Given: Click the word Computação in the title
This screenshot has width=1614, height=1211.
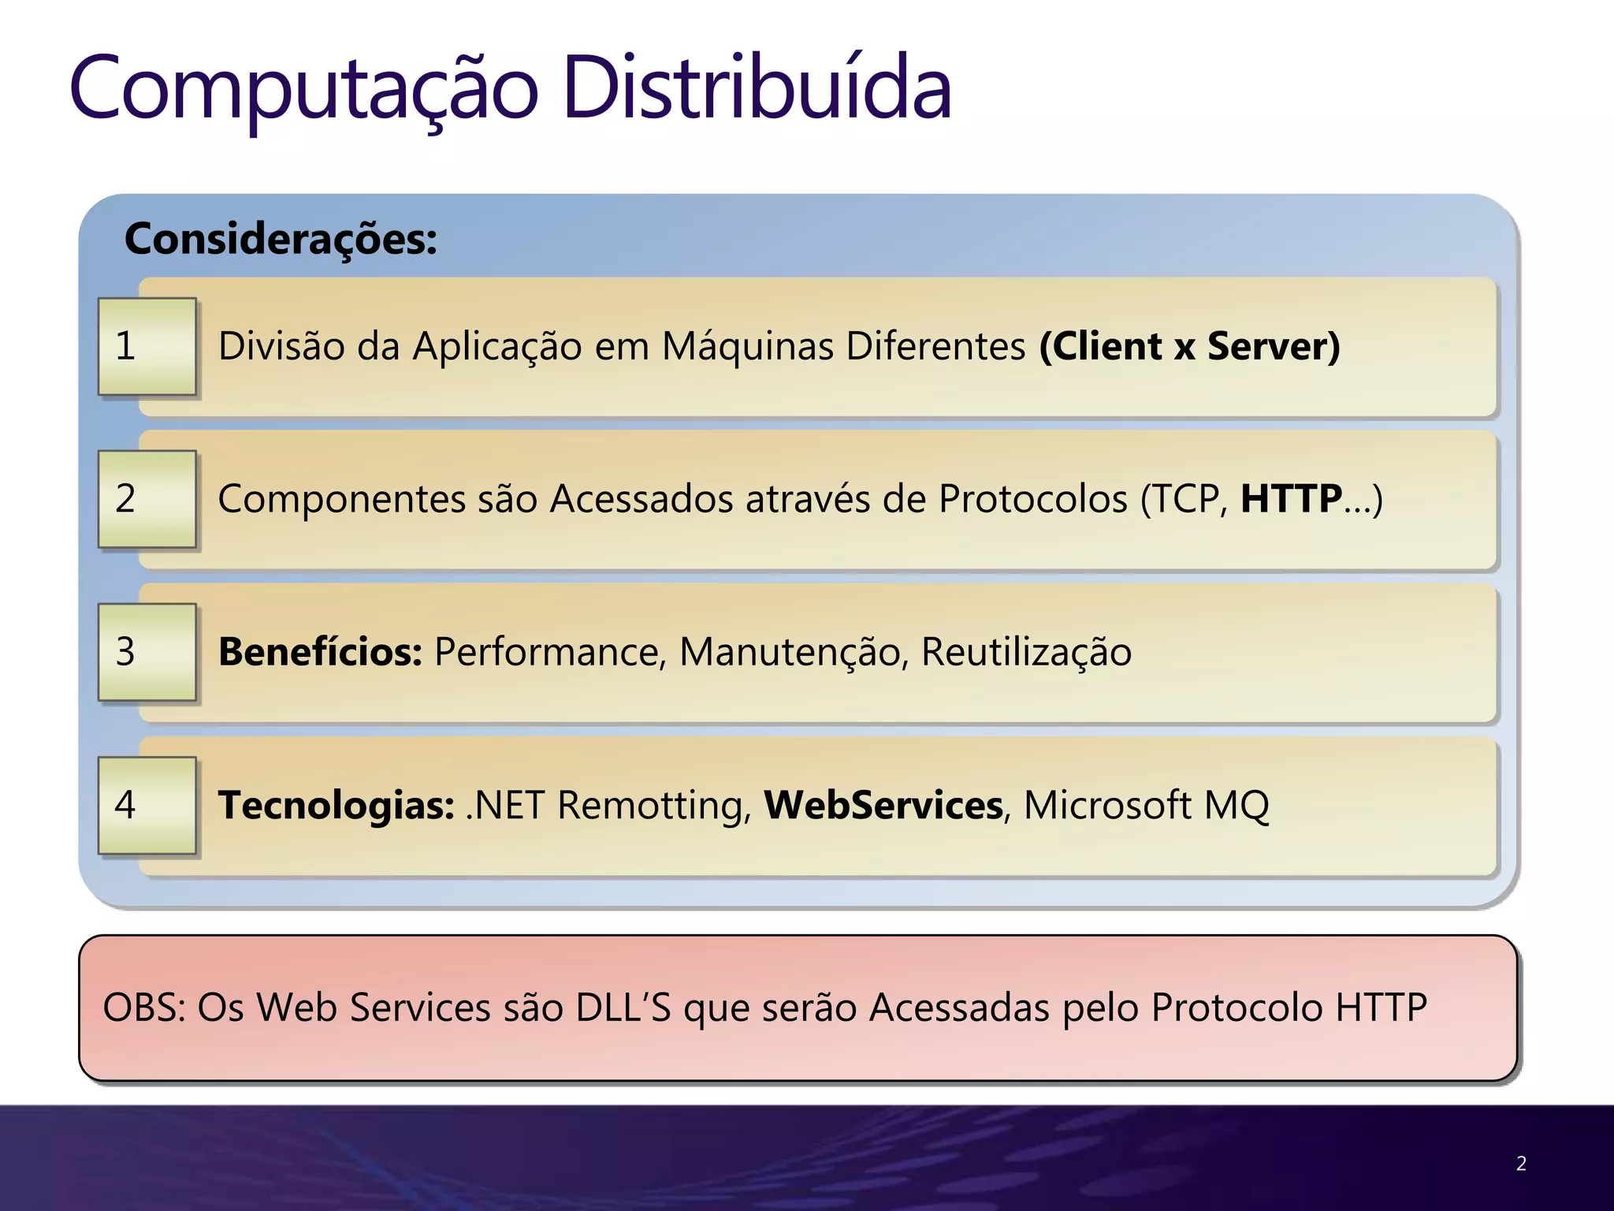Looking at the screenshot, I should point(303,88).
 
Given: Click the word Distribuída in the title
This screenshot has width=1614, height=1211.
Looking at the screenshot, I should point(757,88).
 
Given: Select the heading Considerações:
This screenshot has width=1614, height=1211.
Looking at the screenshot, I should point(281,239).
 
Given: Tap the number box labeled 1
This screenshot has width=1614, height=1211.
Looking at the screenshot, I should point(147,346).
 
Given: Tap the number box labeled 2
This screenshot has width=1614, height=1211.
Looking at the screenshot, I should point(147,499).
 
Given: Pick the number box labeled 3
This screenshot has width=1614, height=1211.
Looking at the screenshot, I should point(147,652).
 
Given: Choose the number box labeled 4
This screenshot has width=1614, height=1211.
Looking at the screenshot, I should point(147,805).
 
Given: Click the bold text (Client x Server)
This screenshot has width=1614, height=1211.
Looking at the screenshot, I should point(1189,346).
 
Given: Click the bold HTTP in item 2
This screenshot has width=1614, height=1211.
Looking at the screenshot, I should point(1291,499).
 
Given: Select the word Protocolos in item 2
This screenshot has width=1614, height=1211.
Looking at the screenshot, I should point(1033,499).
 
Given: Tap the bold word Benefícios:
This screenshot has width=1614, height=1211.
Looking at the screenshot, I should point(320,652).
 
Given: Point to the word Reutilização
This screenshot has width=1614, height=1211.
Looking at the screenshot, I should point(1026,652).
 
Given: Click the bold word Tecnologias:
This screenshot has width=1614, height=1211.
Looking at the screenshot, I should point(336,805).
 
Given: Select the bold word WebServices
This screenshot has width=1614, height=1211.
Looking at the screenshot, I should point(883,805).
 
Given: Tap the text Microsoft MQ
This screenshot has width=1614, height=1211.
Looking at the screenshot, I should point(1146,805).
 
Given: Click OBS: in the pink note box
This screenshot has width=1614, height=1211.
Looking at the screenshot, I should point(144,1008).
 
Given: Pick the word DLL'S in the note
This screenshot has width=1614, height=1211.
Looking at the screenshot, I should point(623,1008).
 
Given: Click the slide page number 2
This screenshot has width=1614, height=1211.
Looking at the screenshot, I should point(1521,1164).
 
